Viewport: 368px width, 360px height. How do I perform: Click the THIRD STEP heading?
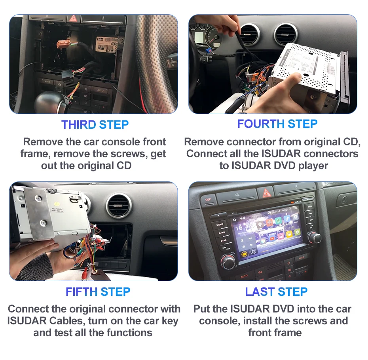pos(95,124)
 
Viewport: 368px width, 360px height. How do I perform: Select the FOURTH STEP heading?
pos(277,124)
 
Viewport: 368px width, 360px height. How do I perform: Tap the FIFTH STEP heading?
pos(98,292)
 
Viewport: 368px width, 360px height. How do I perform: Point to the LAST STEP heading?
pos(276,292)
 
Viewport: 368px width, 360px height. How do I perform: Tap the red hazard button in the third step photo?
pos(74,18)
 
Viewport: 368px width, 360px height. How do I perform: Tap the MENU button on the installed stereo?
pos(220,225)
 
